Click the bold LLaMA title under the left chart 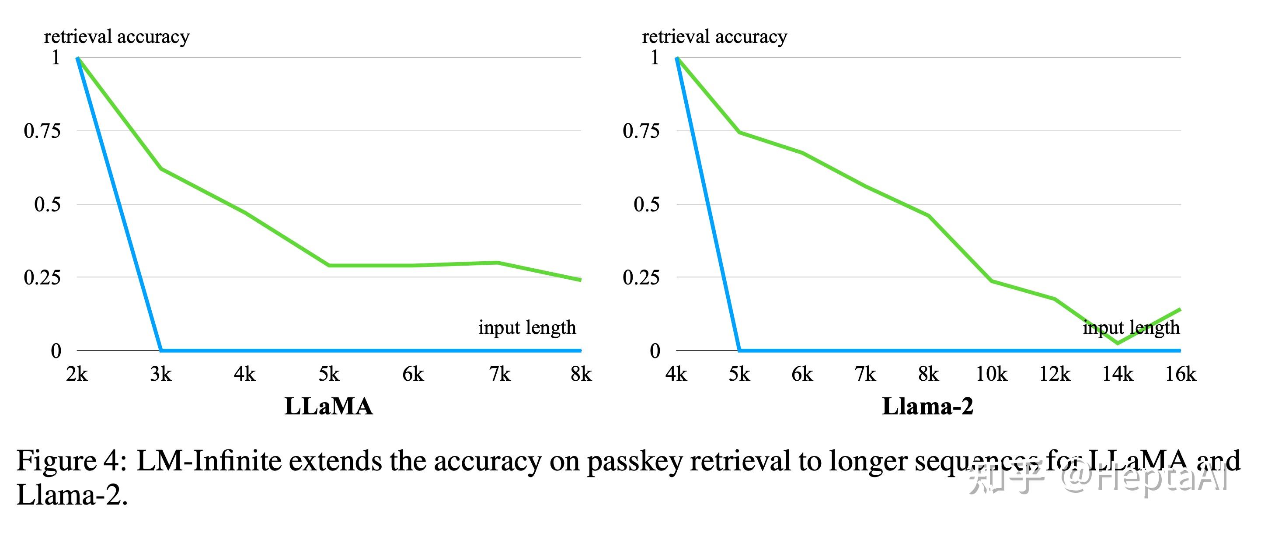(x=328, y=406)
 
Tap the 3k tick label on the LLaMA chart (x=160, y=374)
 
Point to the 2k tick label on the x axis (x=77, y=374)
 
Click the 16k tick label (x=1180, y=374)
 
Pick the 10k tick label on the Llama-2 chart (x=991, y=374)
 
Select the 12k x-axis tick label (x=1055, y=374)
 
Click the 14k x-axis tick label (x=1118, y=374)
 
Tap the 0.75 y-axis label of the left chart (x=42, y=131)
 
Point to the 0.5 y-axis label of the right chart (x=646, y=204)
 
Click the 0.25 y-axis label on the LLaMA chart (x=42, y=277)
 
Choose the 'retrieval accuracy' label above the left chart (x=116, y=37)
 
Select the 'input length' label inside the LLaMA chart (x=527, y=327)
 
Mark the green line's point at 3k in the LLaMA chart (x=161, y=169)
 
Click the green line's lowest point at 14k (x=1118, y=343)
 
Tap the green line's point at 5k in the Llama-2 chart (x=739, y=132)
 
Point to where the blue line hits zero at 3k (x=161, y=350)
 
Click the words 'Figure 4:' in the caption (x=71, y=461)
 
